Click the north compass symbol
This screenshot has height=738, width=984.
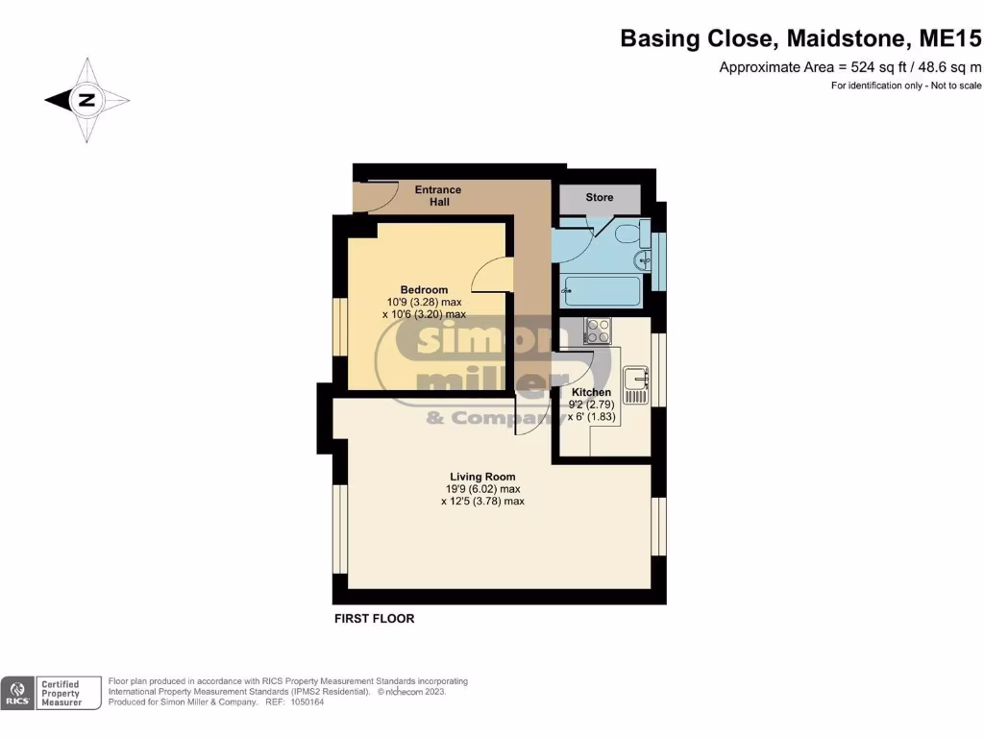tap(86, 100)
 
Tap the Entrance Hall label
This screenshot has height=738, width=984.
tap(438, 196)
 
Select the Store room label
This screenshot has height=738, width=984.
tap(600, 198)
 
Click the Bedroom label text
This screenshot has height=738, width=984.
tap(424, 290)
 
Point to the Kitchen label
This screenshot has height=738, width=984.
tap(591, 392)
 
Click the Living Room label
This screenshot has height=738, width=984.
tap(482, 477)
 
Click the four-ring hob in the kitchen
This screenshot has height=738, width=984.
tap(598, 331)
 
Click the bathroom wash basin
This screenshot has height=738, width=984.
tap(642, 260)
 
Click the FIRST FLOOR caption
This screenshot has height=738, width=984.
tap(374, 619)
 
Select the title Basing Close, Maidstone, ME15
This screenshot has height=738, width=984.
tap(800, 38)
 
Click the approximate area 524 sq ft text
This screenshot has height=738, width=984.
tap(850, 67)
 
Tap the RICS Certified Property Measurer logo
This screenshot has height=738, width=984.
tap(52, 693)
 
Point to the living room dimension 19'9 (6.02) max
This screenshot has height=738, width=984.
tap(482, 489)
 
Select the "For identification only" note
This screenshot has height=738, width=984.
tap(906, 86)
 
